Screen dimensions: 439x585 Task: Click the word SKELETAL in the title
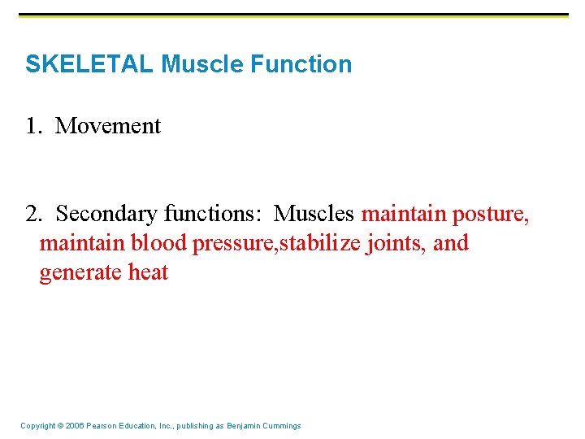coord(89,64)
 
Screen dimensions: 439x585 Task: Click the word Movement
coord(108,126)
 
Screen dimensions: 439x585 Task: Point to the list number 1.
coord(33,126)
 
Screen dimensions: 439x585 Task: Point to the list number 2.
coord(33,214)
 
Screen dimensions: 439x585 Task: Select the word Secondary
coord(106,214)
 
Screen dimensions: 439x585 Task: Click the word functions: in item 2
coord(214,214)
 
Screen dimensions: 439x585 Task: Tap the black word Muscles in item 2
coord(314,214)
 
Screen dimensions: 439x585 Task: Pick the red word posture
coord(491,214)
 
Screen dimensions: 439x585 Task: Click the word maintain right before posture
coord(404,214)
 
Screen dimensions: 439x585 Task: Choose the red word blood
coord(158,243)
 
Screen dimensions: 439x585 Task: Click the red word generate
coord(81,272)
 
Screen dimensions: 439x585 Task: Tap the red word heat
coord(148,272)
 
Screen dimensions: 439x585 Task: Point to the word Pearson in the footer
coord(105,426)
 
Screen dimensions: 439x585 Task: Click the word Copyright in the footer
coord(38,426)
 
